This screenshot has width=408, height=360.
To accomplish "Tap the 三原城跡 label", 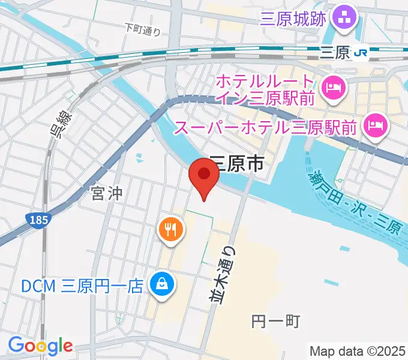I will [x=293, y=19].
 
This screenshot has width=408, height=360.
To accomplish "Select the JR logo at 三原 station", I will [x=361, y=53].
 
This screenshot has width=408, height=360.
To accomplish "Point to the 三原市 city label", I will [x=236, y=163].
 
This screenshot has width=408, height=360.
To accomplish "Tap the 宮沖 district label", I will [x=107, y=193].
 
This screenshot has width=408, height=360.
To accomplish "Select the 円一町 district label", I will [x=275, y=321].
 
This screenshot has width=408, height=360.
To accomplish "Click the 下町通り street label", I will [x=143, y=28].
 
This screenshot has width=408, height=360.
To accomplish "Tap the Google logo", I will [x=40, y=345].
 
